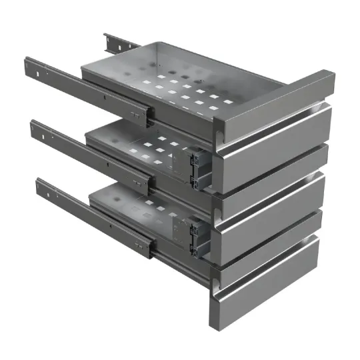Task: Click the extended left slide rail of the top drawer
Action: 80,87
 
